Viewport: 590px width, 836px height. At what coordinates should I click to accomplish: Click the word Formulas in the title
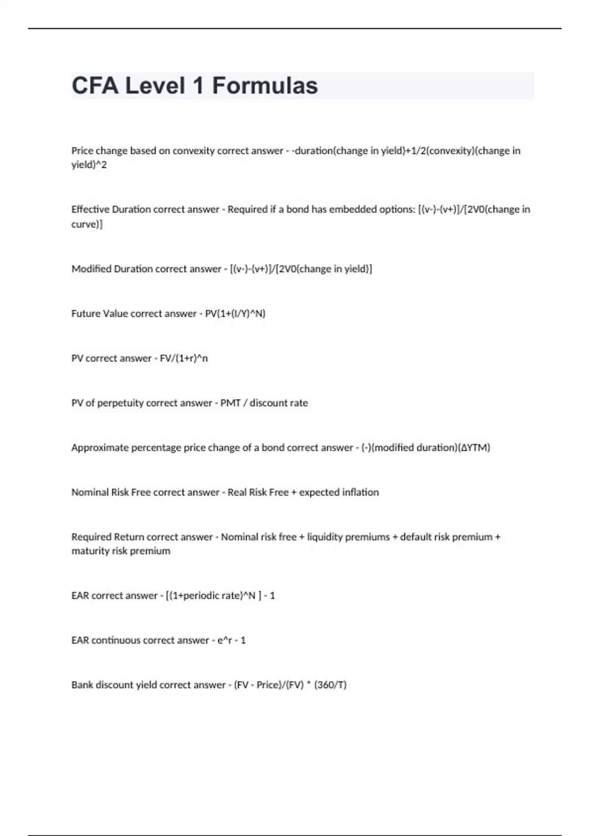pyautogui.click(x=265, y=86)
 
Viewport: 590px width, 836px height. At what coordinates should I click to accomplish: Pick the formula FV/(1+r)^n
pyautogui.click(x=184, y=358)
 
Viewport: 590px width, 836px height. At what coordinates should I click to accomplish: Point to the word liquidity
pyautogui.click(x=324, y=537)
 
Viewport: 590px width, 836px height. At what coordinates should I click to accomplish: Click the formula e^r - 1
pyautogui.click(x=232, y=640)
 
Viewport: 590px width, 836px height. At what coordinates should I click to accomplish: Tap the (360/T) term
pyautogui.click(x=330, y=685)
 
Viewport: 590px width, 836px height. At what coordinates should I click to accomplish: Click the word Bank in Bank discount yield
pyautogui.click(x=82, y=685)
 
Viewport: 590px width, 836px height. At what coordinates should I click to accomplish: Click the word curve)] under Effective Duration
pyautogui.click(x=87, y=224)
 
